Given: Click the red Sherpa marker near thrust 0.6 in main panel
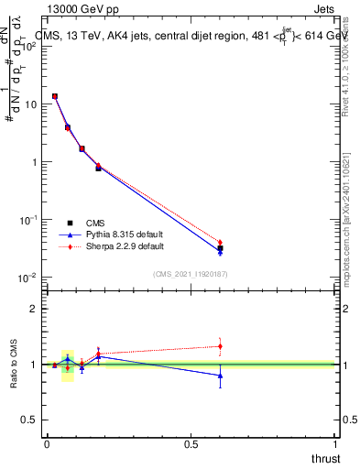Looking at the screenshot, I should click(220, 243).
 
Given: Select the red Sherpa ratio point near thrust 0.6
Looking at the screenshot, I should click(220, 346).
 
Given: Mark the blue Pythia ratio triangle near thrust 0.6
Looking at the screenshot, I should click(220, 376).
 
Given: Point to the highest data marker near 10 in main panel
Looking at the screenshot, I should click(55, 96).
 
